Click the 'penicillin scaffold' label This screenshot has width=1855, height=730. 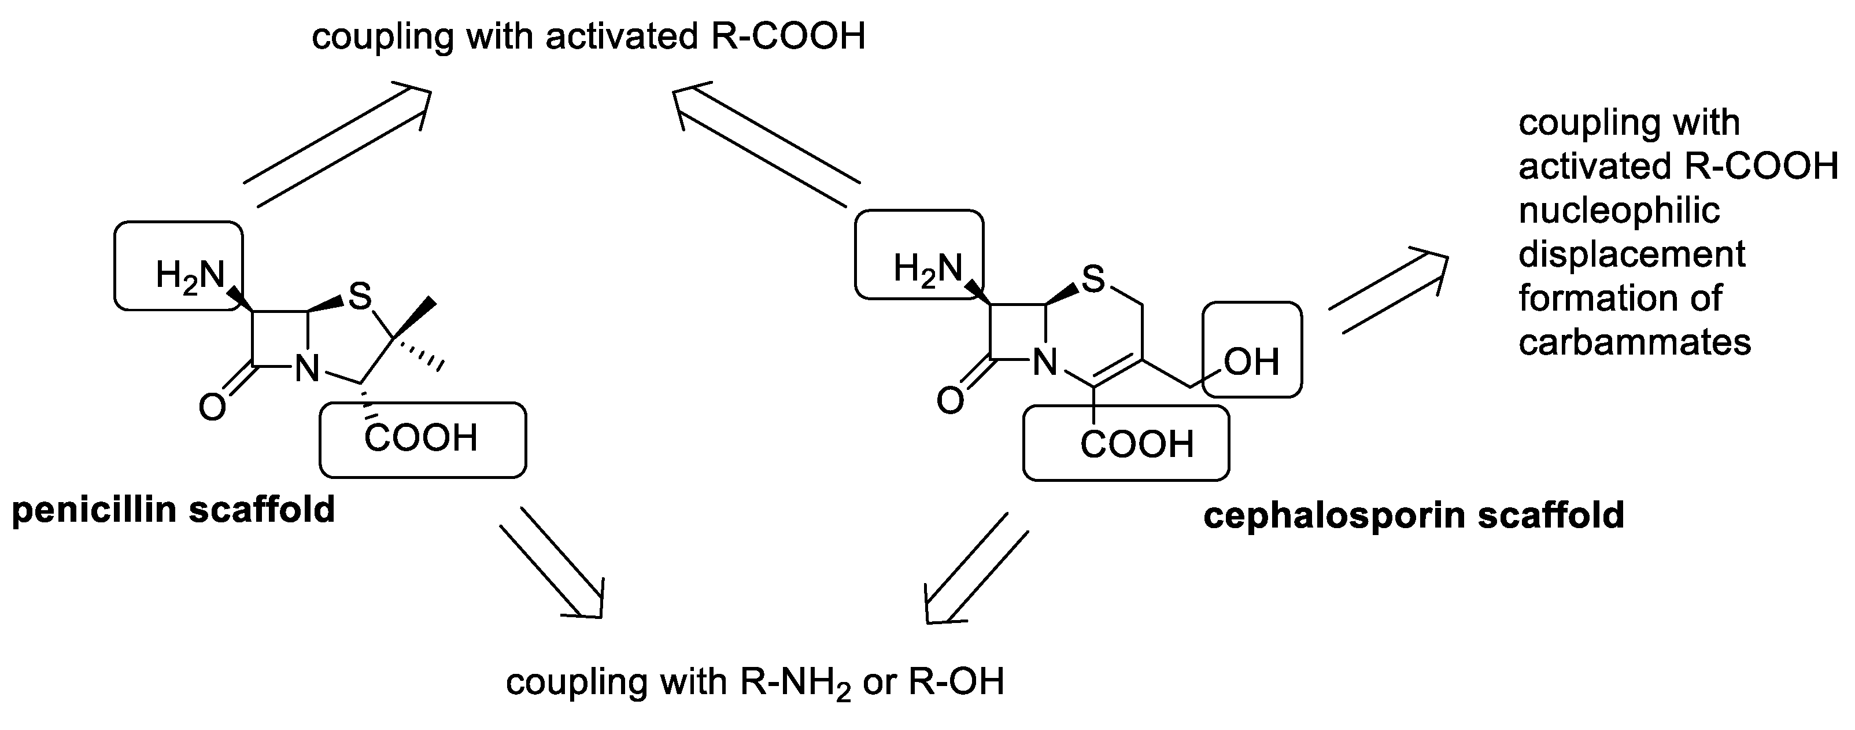pyautogui.click(x=173, y=510)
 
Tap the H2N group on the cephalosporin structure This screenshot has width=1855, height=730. pyautogui.click(x=928, y=270)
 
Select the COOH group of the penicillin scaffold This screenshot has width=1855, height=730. pyautogui.click(x=422, y=438)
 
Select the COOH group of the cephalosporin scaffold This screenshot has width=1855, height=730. pyautogui.click(x=1137, y=444)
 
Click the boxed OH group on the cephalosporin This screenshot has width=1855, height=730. pyautogui.click(x=1251, y=362)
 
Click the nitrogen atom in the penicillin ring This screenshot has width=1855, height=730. pyautogui.click(x=308, y=370)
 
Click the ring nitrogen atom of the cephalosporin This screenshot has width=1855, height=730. pyautogui.click(x=1045, y=363)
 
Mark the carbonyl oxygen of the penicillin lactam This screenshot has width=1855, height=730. pyautogui.click(x=212, y=408)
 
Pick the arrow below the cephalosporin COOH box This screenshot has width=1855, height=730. pyautogui.click(x=975, y=569)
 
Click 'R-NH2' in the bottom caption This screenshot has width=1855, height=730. pyautogui.click(x=796, y=683)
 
